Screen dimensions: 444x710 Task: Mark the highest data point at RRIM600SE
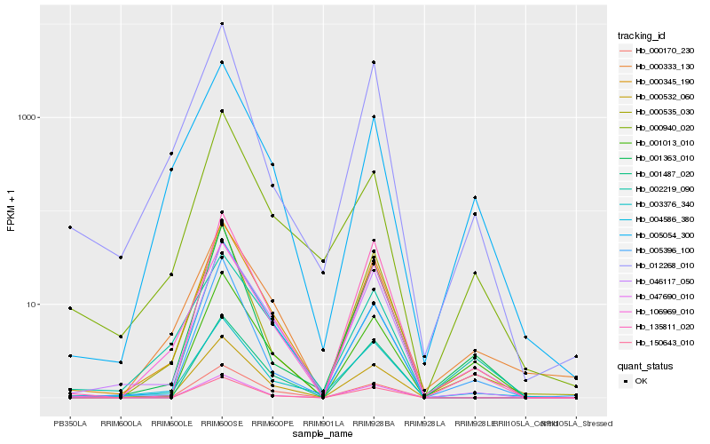coord(222,24)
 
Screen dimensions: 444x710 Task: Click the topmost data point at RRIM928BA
coord(374,62)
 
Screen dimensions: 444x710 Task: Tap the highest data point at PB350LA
coord(70,227)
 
